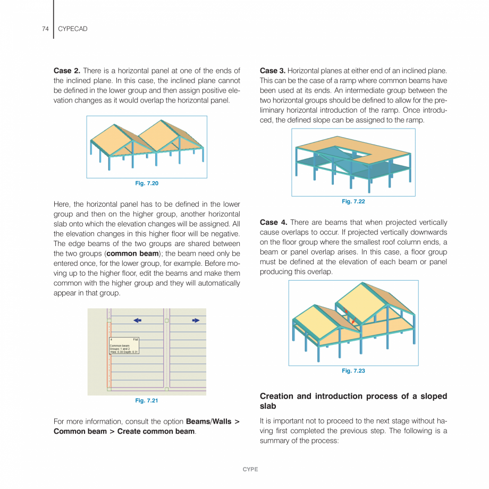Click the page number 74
[45, 29]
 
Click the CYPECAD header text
[72, 29]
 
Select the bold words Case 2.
[67, 71]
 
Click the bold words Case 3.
[273, 71]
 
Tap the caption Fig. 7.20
[147, 183]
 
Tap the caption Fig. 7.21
[147, 401]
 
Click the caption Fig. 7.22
[353, 201]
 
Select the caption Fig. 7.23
[353, 371]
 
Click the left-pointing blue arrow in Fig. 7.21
[137, 320]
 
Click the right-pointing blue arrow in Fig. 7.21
[196, 320]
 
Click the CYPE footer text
[250, 469]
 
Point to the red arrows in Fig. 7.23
[348, 316]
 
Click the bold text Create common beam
[156, 431]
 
